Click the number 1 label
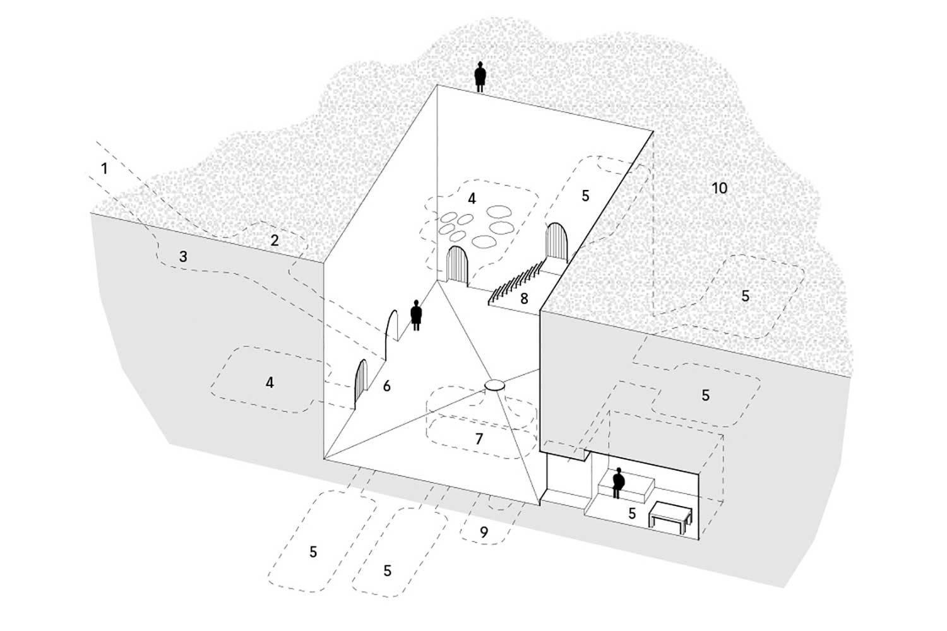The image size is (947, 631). click(x=104, y=168)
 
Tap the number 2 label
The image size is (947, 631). click(x=274, y=240)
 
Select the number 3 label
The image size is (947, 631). click(x=183, y=257)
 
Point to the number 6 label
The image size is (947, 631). click(x=386, y=386)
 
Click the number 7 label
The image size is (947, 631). click(x=479, y=438)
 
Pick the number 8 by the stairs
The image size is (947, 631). click(x=524, y=298)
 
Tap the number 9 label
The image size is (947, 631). click(x=484, y=532)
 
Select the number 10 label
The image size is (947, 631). click(x=719, y=187)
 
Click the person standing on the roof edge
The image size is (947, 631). click(x=480, y=76)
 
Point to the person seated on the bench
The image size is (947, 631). click(x=618, y=482)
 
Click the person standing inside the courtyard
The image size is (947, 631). click(x=416, y=314)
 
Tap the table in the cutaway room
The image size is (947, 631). click(x=670, y=516)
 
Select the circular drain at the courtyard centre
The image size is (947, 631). click(x=494, y=385)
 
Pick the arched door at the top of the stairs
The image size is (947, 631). click(x=557, y=242)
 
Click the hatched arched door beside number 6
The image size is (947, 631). click(x=360, y=382)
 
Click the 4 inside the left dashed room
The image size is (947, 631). click(x=270, y=382)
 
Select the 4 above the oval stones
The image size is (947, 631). click(x=472, y=198)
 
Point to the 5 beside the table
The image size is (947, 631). click(x=632, y=514)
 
